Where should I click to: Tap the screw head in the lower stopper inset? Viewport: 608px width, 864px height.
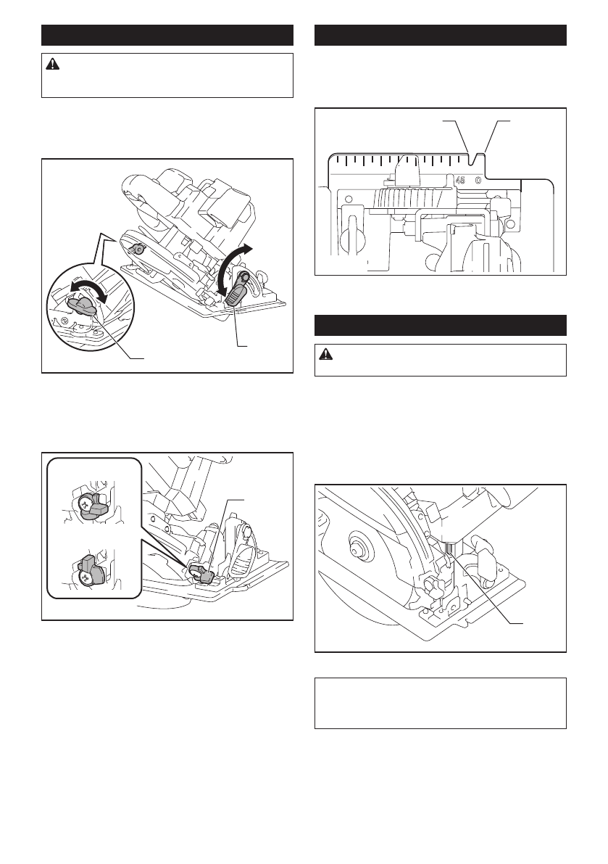click(86, 577)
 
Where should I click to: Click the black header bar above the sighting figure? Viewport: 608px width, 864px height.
click(440, 35)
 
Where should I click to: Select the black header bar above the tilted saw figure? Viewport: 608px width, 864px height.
click(167, 35)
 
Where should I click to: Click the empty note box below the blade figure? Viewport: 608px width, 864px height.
click(440, 704)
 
